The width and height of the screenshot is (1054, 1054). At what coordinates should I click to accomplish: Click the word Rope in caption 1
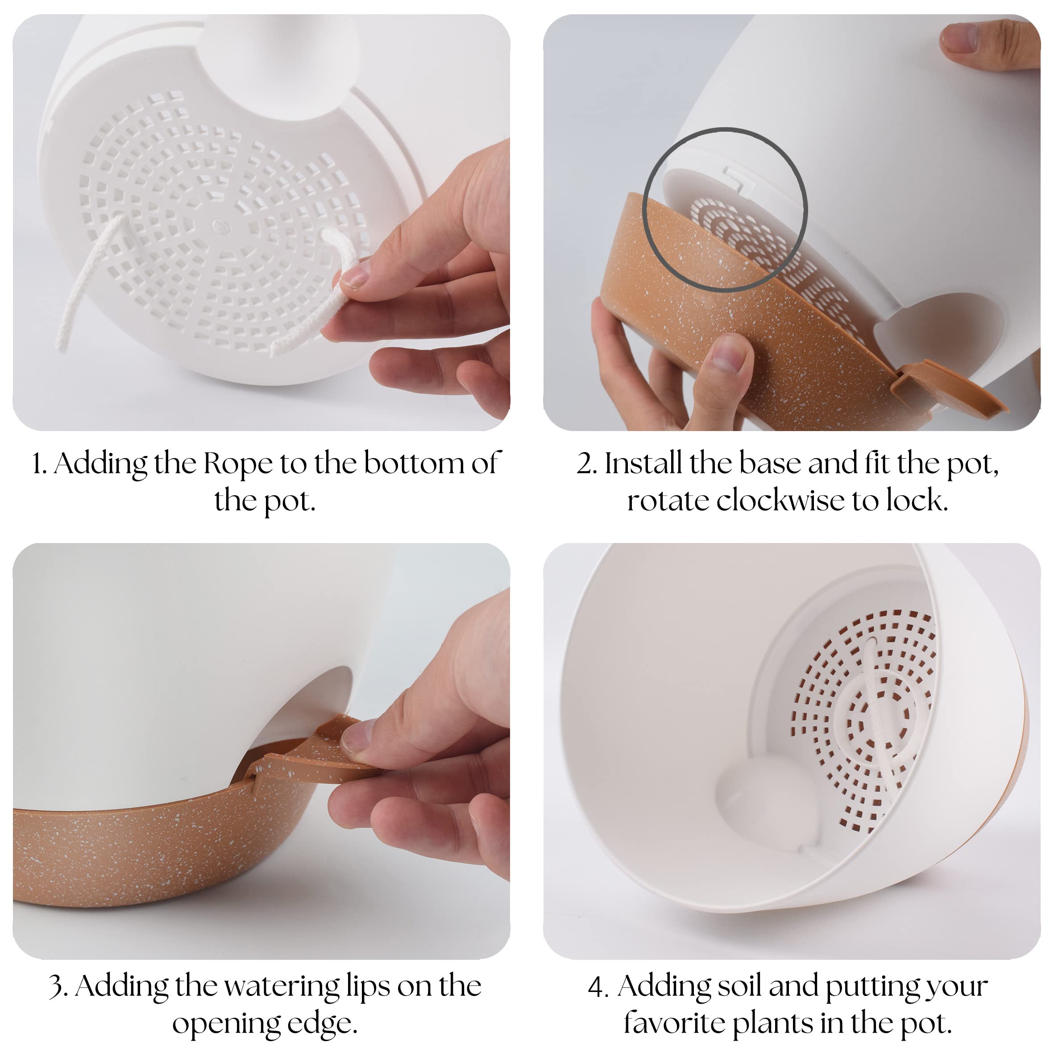238,464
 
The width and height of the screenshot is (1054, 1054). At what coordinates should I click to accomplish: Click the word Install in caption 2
644,463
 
